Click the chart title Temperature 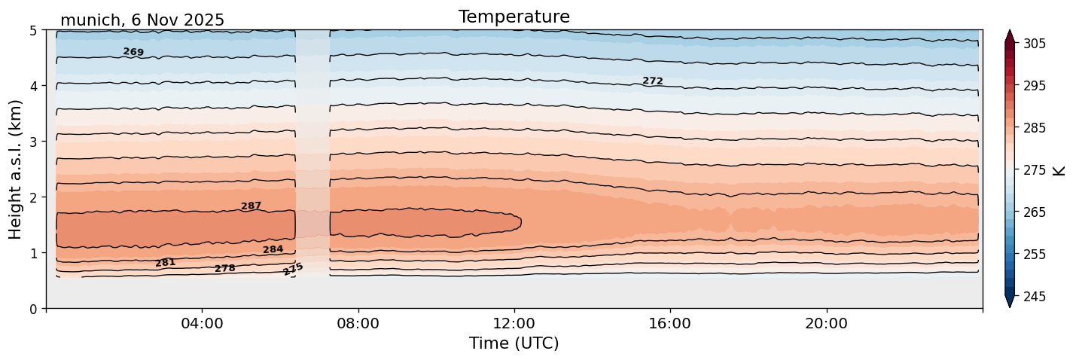click(514, 17)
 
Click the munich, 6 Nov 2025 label click(142, 20)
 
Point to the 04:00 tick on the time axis click(202, 324)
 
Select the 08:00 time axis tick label click(358, 324)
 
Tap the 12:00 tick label click(514, 324)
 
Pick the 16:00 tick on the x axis click(670, 324)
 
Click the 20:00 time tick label click(826, 324)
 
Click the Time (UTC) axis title click(514, 343)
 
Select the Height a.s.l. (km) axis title click(16, 169)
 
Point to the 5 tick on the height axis click(33, 30)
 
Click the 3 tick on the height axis click(33, 142)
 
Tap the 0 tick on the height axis click(33, 309)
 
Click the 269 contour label click(133, 52)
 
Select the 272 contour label click(653, 81)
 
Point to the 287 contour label click(251, 206)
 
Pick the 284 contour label click(273, 249)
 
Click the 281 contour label click(165, 262)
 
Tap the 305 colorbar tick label click(1034, 44)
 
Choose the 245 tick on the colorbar click(1034, 297)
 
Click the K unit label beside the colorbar click(1059, 169)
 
